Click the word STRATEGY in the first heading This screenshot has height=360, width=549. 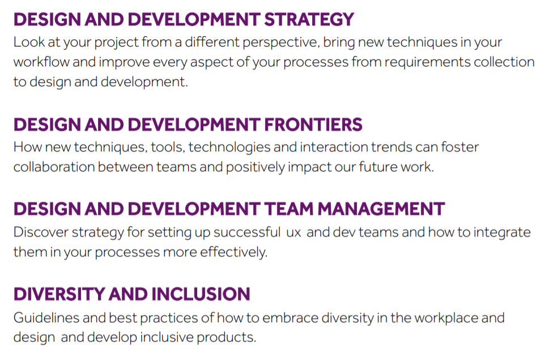coord(309,20)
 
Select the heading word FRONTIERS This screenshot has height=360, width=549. coord(313,125)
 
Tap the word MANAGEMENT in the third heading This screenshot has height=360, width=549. coord(381,209)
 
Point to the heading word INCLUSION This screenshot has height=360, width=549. coord(201,294)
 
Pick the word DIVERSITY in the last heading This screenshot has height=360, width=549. coord(59,294)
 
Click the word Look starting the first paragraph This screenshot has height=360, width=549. coord(29,43)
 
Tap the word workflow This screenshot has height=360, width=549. coord(41,62)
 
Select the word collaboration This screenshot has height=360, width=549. coord(54,167)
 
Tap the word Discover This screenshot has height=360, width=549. coord(41,232)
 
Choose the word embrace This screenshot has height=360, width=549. coord(290,318)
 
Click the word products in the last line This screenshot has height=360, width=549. coord(226,338)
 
